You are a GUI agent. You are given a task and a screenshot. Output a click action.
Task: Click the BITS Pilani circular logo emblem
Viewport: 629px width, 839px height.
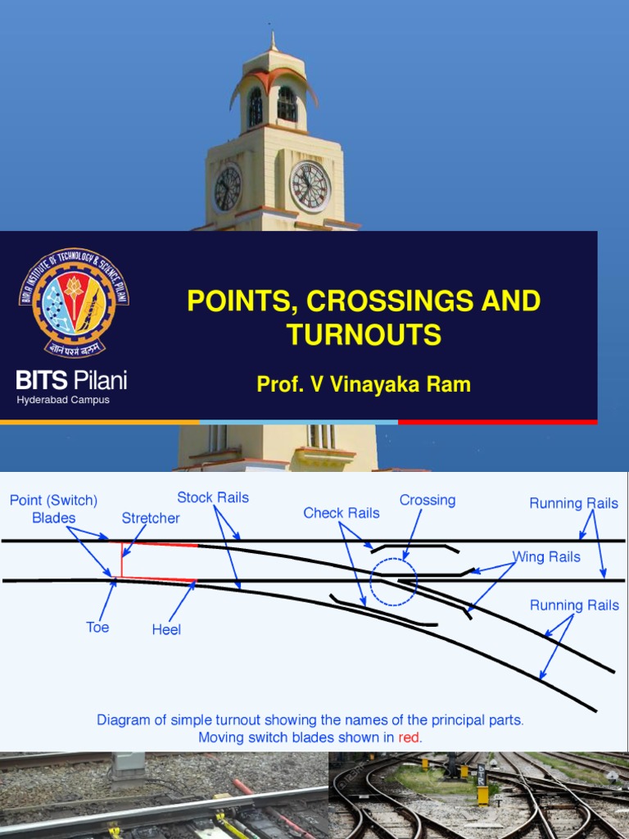[74, 302]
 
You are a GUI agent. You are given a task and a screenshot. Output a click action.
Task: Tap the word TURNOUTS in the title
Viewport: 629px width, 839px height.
[364, 334]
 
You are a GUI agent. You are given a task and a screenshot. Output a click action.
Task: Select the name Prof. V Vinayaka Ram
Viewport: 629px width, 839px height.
[364, 384]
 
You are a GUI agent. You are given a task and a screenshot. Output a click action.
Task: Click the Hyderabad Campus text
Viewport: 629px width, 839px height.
[63, 400]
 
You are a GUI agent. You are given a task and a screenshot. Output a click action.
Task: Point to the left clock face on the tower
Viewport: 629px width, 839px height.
[227, 188]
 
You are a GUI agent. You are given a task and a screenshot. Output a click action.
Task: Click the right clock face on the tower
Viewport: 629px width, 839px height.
[310, 186]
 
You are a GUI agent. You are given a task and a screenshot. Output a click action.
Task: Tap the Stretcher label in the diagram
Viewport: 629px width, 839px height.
[151, 518]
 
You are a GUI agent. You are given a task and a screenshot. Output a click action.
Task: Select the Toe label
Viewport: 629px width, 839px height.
[97, 628]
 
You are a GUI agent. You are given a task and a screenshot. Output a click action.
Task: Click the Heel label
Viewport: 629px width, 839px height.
[166, 630]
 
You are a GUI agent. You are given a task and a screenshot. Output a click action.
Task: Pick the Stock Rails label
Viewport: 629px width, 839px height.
[213, 497]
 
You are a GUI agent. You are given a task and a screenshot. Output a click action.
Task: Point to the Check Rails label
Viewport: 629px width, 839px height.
[342, 513]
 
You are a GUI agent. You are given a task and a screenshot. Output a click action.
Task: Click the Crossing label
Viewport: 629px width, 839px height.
[428, 500]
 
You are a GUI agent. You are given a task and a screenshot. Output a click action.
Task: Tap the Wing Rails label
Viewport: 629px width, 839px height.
[546, 557]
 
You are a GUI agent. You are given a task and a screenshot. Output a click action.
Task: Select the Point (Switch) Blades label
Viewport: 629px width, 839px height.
[54, 509]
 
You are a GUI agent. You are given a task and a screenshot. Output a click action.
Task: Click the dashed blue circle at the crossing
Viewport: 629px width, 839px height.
[393, 582]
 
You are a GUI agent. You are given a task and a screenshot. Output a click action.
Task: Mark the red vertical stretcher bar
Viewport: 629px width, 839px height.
[122, 560]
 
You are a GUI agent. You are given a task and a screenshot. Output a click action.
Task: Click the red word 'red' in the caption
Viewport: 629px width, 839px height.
[409, 737]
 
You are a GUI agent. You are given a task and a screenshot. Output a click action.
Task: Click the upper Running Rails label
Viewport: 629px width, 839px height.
[573, 503]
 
